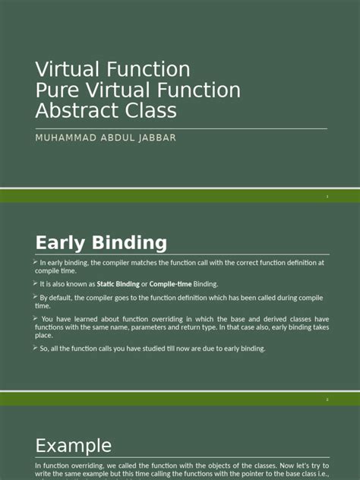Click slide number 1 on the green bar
point(327,197)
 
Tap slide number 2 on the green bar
point(327,399)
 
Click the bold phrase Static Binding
point(118,284)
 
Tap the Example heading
point(74,446)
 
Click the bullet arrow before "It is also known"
point(36,283)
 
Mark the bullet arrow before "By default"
point(36,297)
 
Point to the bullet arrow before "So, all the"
point(36,348)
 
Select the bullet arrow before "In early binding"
point(36,262)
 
